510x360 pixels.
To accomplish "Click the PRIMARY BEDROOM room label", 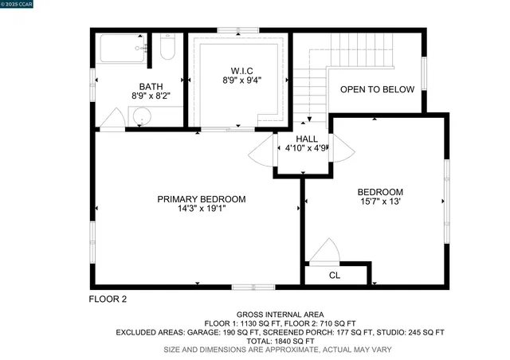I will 201,199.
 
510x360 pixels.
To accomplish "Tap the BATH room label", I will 150,86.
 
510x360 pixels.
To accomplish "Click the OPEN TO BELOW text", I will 377,89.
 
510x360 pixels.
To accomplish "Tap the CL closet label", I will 335,276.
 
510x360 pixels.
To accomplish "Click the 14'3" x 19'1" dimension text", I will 201,210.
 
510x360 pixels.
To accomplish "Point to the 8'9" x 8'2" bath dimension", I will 150,96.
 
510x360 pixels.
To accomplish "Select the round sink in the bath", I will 142,116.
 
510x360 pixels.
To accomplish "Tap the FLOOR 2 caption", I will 107,299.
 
